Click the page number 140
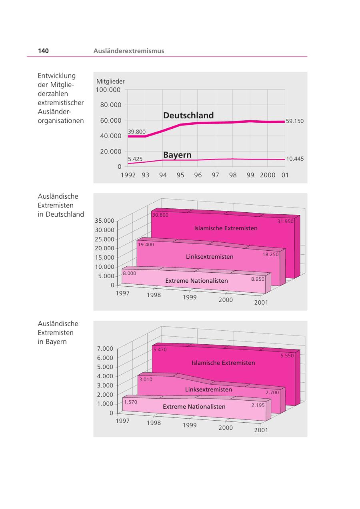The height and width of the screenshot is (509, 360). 43,51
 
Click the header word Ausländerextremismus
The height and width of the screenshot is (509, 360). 128,51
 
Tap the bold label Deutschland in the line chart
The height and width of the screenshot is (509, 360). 188,115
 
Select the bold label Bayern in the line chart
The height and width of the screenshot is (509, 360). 177,155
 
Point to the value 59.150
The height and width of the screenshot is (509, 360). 295,121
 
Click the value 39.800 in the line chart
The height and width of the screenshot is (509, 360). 137,132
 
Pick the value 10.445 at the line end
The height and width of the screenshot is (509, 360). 295,159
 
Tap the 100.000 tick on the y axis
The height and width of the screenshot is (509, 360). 108,90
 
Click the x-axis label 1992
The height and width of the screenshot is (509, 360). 128,175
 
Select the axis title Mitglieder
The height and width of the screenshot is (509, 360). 110,81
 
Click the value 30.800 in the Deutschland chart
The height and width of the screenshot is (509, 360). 160,215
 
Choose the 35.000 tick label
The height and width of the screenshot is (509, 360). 104,221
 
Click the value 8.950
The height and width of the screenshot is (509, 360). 258,279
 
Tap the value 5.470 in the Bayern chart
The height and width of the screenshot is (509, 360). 160,349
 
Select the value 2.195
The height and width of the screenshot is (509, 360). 258,405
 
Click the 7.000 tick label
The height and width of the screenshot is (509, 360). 105,349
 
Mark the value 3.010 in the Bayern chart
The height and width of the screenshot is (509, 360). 146,379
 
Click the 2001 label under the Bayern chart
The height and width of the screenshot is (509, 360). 261,430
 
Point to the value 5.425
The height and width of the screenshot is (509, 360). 135,159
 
